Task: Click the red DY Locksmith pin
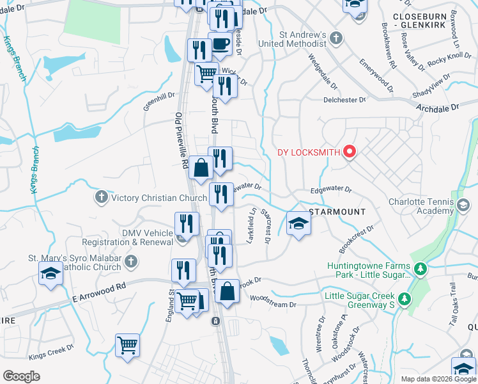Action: click(x=350, y=152)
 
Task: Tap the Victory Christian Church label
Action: click(x=159, y=198)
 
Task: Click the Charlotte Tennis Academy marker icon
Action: click(x=463, y=205)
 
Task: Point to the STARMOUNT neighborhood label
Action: click(x=337, y=211)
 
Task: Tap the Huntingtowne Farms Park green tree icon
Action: click(x=420, y=269)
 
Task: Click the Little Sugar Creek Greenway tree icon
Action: click(x=404, y=299)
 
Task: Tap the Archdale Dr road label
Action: click(x=437, y=109)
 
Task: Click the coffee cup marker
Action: click(x=220, y=44)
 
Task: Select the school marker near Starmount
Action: click(x=298, y=224)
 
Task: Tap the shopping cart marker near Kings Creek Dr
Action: click(x=128, y=345)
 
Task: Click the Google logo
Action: click(x=21, y=376)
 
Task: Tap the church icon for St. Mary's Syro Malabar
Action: click(x=130, y=260)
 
